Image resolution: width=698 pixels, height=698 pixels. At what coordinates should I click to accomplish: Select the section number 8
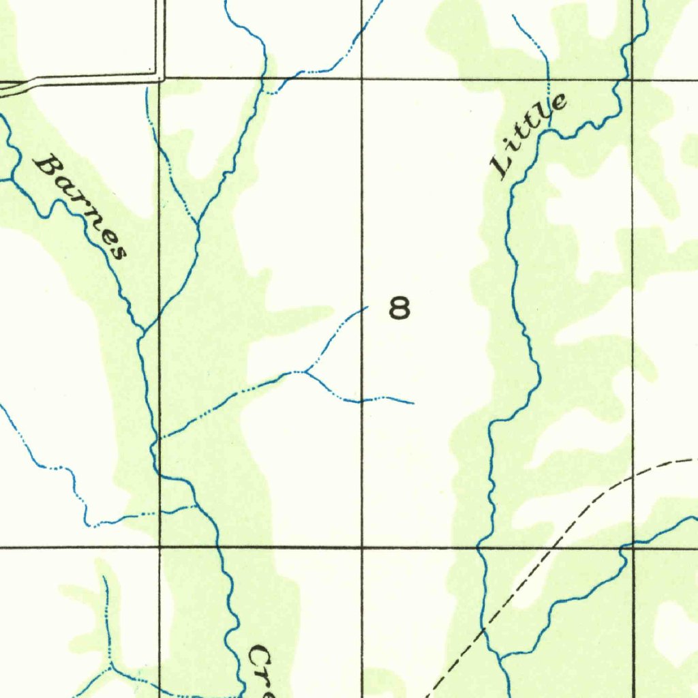click(x=399, y=309)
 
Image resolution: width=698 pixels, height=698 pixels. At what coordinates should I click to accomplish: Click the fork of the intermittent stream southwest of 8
click(x=306, y=371)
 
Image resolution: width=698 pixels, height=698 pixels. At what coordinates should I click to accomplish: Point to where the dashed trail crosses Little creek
click(x=485, y=632)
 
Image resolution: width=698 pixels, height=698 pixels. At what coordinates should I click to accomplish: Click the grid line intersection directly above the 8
click(x=361, y=79)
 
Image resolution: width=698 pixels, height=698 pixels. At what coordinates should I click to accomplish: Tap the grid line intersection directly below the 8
click(x=361, y=547)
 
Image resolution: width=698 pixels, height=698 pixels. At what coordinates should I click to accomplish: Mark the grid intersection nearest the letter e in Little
click(x=633, y=79)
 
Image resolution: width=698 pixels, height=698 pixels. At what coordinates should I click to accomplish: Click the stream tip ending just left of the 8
click(x=367, y=307)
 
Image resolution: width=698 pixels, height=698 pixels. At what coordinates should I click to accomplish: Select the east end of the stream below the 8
click(x=413, y=404)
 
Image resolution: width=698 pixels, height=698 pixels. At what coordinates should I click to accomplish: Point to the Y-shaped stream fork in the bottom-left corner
click(x=110, y=667)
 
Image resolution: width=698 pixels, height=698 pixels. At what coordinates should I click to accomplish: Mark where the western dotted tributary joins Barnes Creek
click(x=198, y=506)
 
